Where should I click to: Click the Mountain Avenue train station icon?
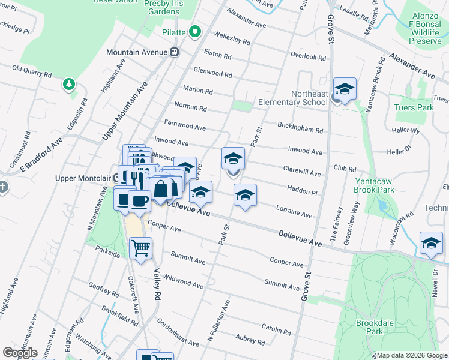pos(175,52)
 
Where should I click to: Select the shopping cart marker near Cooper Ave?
pos(140,247)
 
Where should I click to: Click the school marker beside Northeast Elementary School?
pos(345,89)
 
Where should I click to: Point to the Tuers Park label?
pos(413,107)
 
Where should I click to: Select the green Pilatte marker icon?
pos(194,31)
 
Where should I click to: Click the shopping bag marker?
pos(161,189)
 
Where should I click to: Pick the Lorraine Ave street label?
pos(294,212)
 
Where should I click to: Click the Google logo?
pos(20,353)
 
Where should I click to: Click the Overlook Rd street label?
pos(308,58)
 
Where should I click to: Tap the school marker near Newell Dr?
pos(431,243)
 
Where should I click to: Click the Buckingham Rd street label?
pos(300,128)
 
